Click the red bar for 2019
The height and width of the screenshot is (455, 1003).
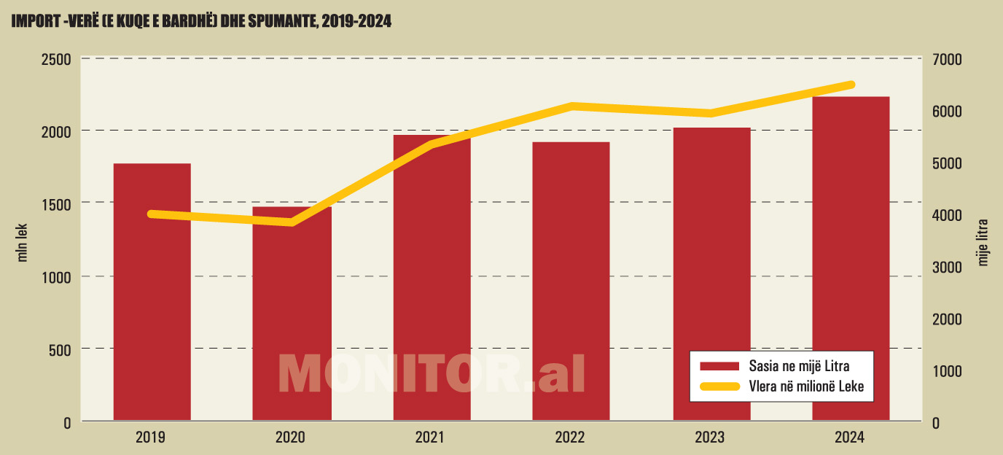point(152,292)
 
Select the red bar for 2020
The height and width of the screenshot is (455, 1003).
point(292,314)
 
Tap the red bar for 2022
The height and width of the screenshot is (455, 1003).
point(571,281)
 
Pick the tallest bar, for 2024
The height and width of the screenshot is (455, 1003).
point(851,258)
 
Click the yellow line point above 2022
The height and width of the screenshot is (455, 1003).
point(573,106)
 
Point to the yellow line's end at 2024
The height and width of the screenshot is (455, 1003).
point(851,85)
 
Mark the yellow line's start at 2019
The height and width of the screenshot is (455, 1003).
point(151,214)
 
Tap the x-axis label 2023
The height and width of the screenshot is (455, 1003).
point(710,437)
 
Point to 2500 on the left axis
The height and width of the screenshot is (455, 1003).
point(55,59)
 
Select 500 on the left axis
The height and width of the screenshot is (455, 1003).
point(60,350)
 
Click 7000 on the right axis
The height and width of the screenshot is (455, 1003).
point(948,59)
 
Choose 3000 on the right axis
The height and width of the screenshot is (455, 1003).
point(948,267)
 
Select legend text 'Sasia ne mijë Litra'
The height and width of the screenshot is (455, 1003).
point(798,365)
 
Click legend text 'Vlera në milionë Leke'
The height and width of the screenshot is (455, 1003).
point(805,386)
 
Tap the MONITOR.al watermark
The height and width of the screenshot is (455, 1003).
point(432,374)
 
